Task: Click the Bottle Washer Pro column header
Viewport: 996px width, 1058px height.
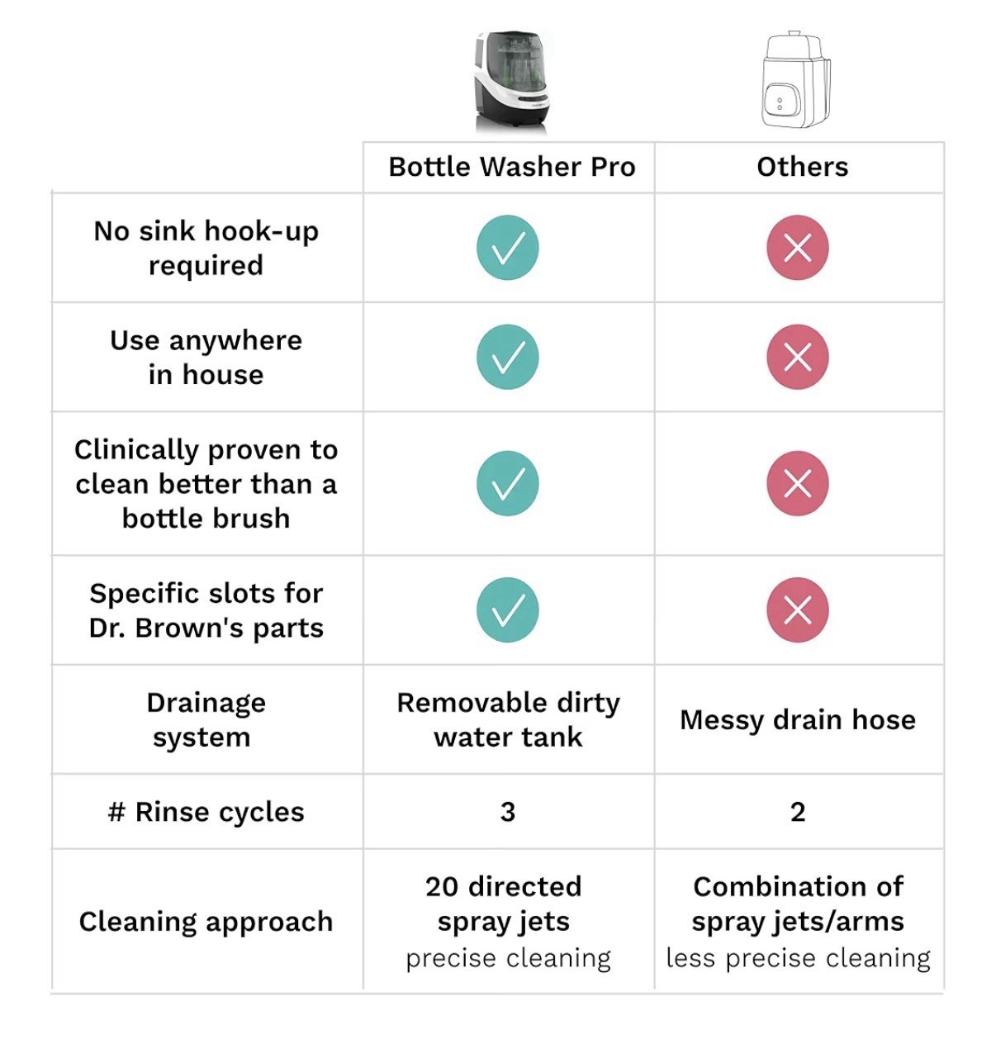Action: pyautogui.click(x=511, y=167)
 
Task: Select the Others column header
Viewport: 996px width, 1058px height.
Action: pyautogui.click(x=802, y=167)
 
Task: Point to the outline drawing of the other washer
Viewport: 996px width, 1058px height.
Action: pyautogui.click(x=796, y=80)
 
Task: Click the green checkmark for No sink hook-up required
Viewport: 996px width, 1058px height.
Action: pyautogui.click(x=507, y=248)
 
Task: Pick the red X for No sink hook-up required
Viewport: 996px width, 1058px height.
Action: pyautogui.click(x=797, y=248)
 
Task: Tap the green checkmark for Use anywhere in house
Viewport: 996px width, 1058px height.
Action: pyautogui.click(x=507, y=357)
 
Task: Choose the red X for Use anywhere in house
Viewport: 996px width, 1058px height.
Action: pyautogui.click(x=797, y=357)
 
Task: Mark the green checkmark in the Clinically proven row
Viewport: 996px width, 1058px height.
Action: pyautogui.click(x=507, y=483)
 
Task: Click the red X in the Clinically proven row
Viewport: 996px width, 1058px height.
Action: pyautogui.click(x=797, y=483)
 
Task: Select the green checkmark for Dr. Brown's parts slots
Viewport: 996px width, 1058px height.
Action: pyautogui.click(x=507, y=610)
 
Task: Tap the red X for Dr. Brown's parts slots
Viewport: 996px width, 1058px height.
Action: pyautogui.click(x=797, y=610)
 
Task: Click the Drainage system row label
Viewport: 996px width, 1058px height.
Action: pyautogui.click(x=206, y=720)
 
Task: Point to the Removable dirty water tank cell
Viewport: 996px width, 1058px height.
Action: pyautogui.click(x=509, y=720)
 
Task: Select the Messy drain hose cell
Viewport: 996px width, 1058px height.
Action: pyautogui.click(x=798, y=720)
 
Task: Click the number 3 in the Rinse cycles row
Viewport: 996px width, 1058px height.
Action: pyautogui.click(x=507, y=812)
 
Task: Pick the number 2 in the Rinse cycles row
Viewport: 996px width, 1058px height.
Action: pyautogui.click(x=797, y=812)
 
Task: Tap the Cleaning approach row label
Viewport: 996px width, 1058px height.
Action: pyautogui.click(x=206, y=923)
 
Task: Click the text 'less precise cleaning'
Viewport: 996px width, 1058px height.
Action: pyautogui.click(x=798, y=958)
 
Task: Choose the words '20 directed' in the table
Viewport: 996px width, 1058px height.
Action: pyautogui.click(x=503, y=887)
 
